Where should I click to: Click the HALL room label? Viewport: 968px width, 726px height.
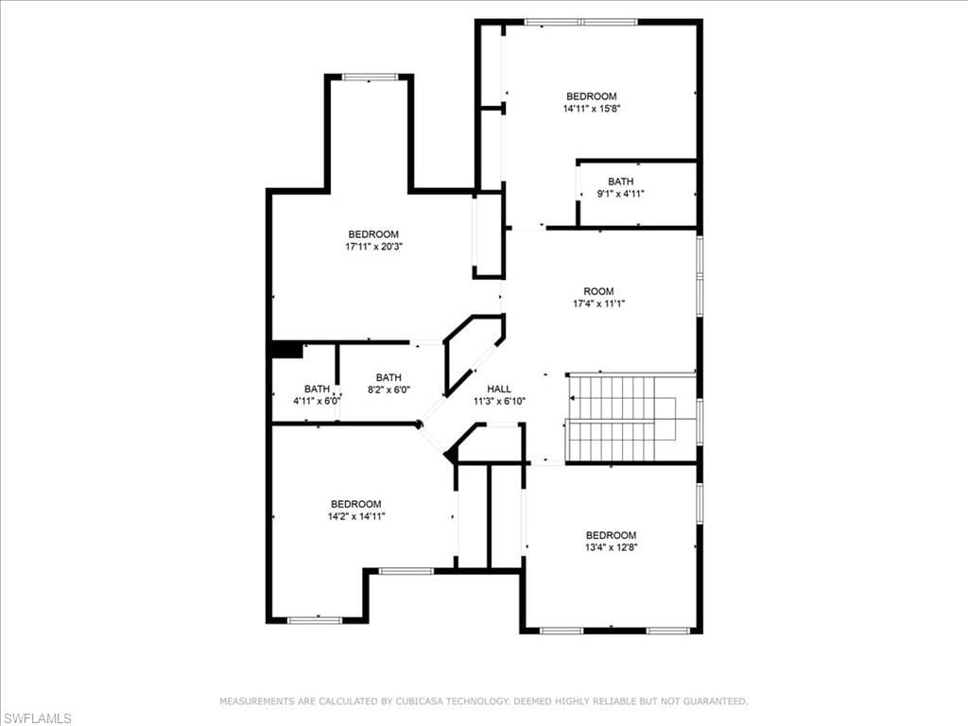point(499,389)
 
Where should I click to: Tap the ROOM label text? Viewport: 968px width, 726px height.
point(598,291)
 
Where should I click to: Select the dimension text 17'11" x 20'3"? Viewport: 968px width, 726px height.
point(373,247)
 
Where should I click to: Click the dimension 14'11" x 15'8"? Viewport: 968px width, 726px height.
point(592,109)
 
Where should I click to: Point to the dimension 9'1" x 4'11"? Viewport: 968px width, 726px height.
point(620,194)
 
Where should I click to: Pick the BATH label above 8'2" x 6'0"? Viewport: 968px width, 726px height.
point(389,378)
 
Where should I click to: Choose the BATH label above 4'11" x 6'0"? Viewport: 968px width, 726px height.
point(317,389)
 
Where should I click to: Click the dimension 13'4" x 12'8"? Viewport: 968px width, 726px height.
point(612,547)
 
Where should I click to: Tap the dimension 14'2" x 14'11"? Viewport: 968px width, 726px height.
point(356,516)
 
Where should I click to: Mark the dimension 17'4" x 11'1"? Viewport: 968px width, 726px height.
point(598,303)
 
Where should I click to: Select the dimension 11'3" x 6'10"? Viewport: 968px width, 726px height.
point(499,401)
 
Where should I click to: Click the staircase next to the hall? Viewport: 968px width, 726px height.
point(630,418)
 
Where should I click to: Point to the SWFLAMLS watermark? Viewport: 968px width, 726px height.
point(37,718)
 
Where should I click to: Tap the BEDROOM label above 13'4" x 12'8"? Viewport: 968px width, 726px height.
point(612,535)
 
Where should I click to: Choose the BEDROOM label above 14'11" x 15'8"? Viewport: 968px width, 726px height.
point(592,96)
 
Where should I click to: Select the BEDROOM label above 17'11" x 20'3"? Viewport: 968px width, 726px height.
point(373,234)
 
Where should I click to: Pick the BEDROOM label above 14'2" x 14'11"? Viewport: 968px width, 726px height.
point(356,504)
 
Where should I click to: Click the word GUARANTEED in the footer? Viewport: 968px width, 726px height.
point(717,701)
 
